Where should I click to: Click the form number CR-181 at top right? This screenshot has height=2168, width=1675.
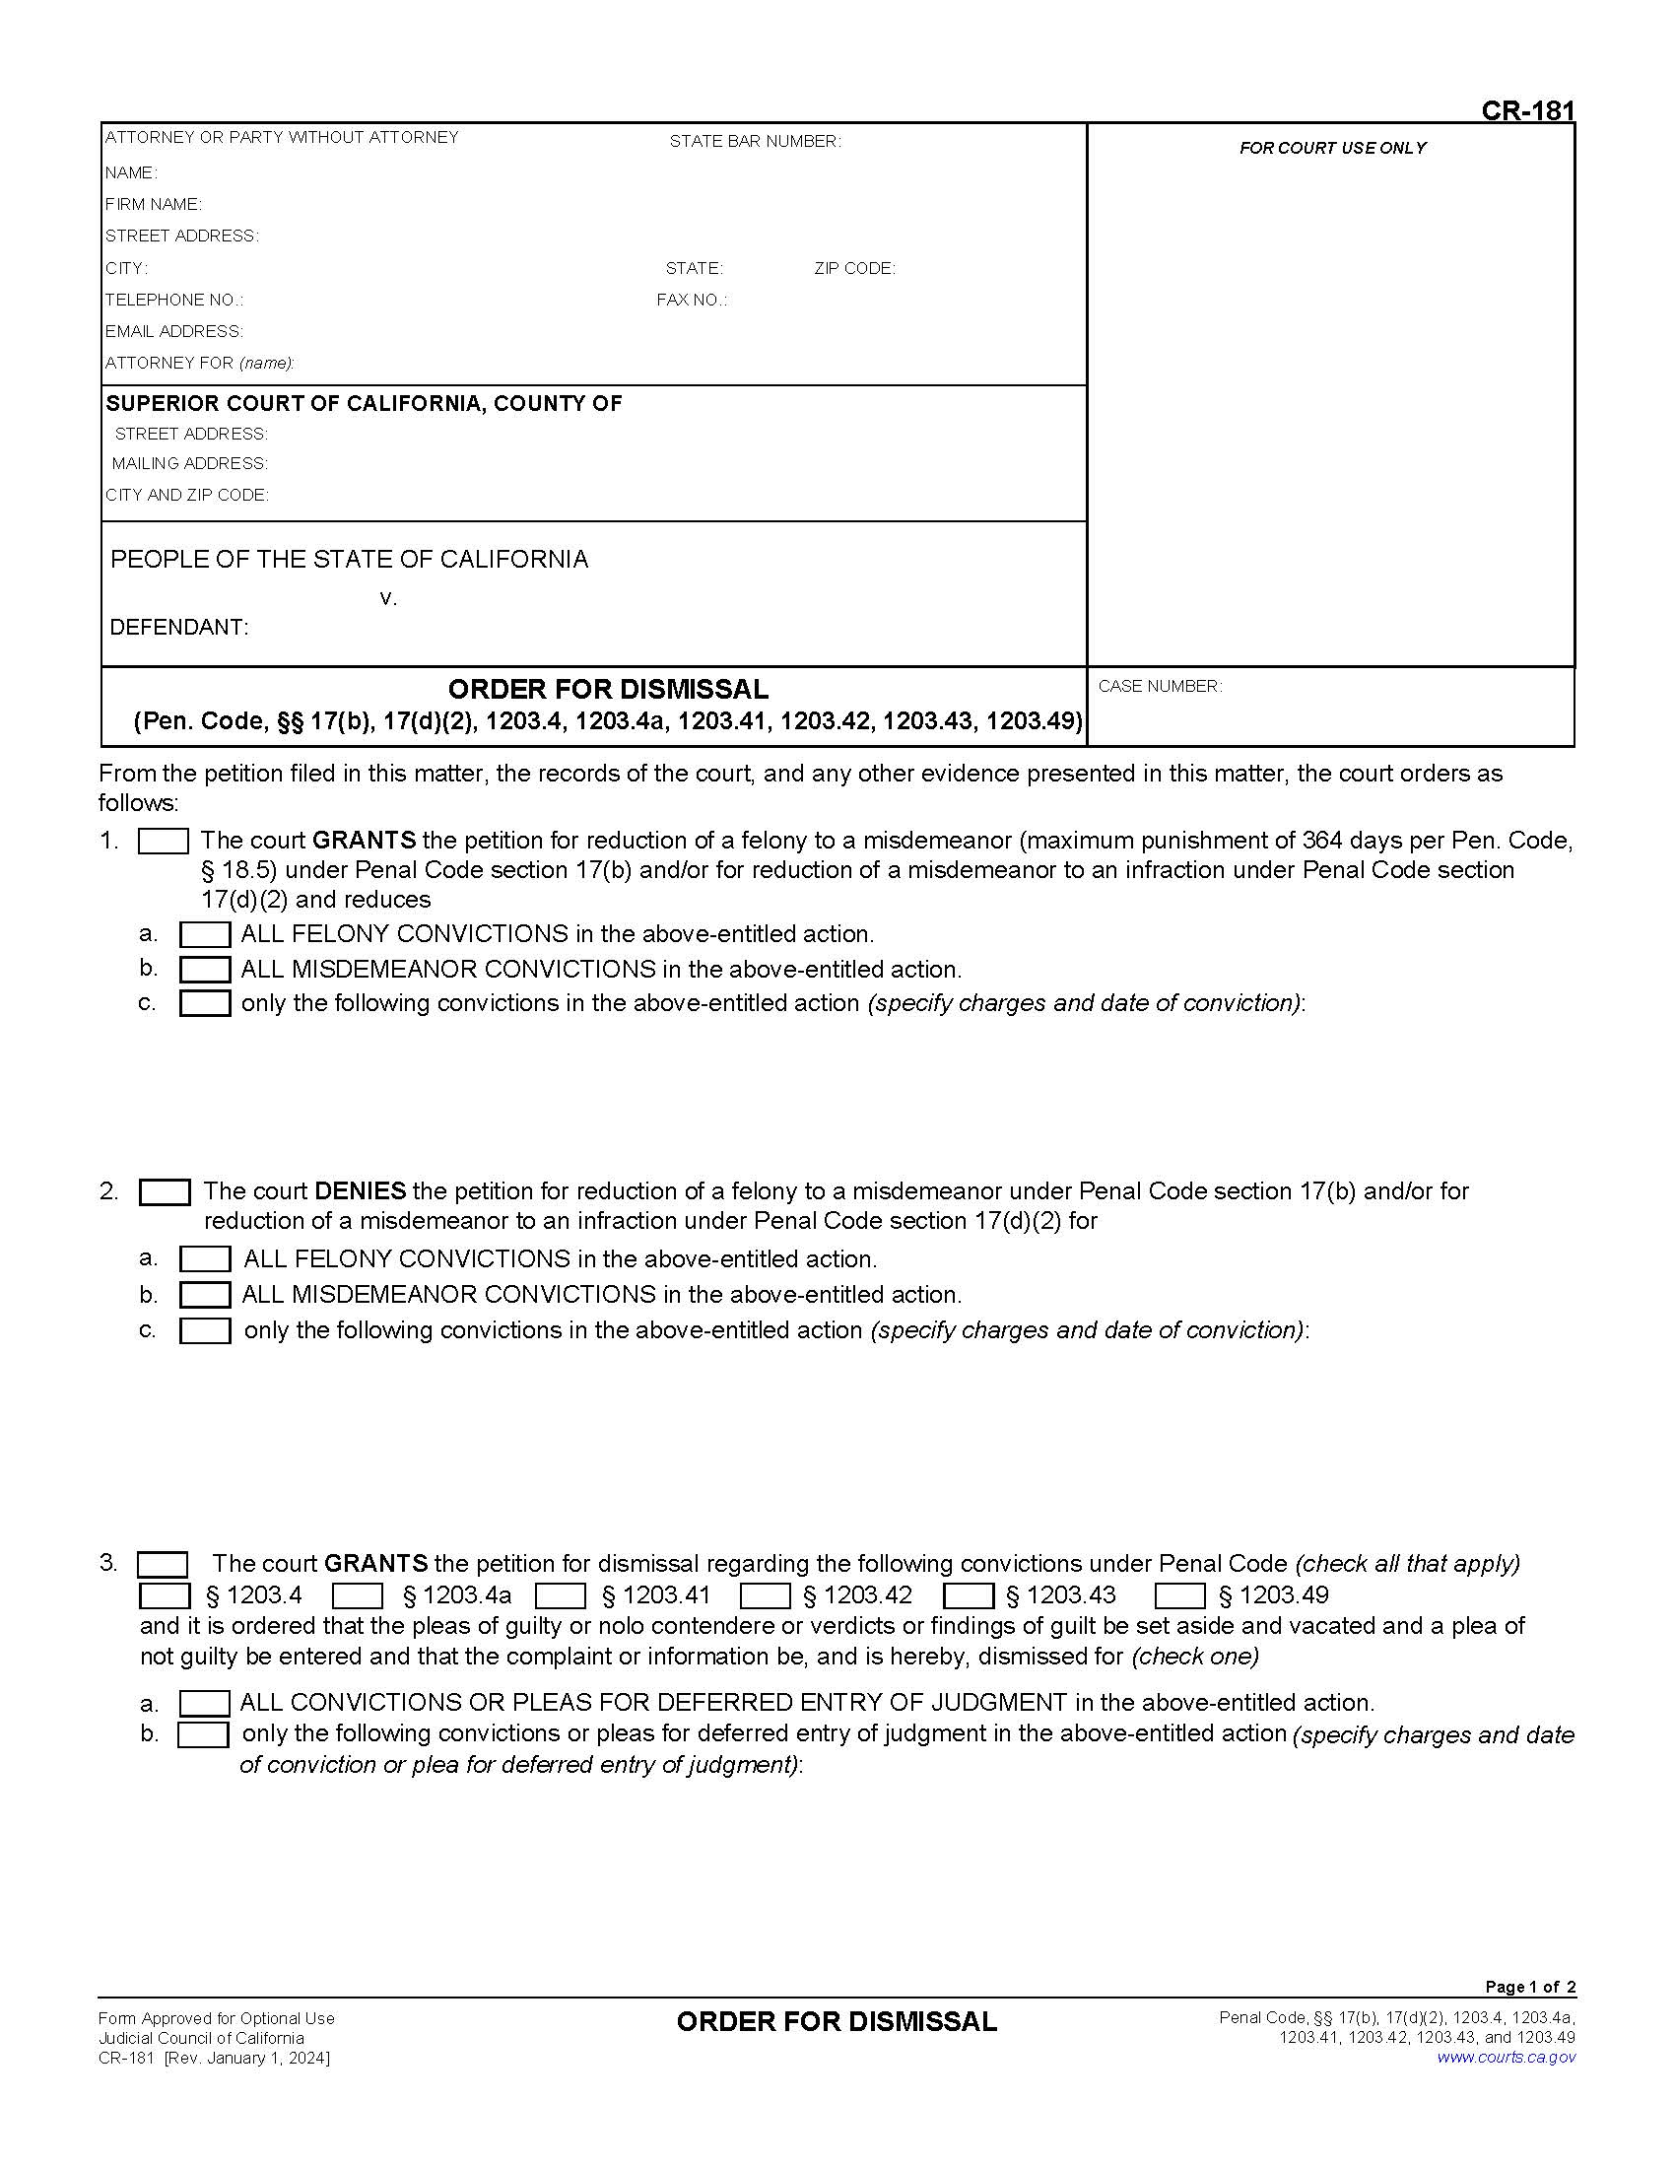point(1526,110)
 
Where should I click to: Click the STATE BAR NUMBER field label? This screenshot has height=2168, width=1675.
point(754,142)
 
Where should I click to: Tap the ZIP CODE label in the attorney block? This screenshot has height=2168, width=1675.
point(854,268)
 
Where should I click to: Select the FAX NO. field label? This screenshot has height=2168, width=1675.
point(691,300)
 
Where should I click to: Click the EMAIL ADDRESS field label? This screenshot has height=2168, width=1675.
point(173,331)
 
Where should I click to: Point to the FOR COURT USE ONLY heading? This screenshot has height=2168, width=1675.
point(1332,148)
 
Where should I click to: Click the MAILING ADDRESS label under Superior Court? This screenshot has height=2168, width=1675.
point(189,463)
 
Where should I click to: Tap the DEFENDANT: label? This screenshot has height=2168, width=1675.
point(178,628)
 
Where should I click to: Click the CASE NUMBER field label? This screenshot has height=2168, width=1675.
point(1159,686)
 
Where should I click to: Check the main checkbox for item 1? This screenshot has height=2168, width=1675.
point(163,842)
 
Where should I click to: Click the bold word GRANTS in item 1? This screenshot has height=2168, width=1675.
point(364,840)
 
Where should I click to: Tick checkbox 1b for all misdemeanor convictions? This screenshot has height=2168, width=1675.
point(204,969)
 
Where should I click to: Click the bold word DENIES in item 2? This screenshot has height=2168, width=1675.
point(360,1190)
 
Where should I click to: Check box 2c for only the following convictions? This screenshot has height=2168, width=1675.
point(204,1330)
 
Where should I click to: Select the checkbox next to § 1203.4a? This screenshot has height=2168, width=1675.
point(358,1595)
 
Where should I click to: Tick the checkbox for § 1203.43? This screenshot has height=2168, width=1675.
point(968,1595)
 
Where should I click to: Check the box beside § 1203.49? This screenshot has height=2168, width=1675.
point(1179,1595)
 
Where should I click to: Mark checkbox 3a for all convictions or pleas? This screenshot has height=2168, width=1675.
point(204,1704)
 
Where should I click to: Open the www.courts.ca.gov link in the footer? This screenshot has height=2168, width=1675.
point(1506,2057)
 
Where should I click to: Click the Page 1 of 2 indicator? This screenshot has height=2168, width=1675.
point(1529,1987)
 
